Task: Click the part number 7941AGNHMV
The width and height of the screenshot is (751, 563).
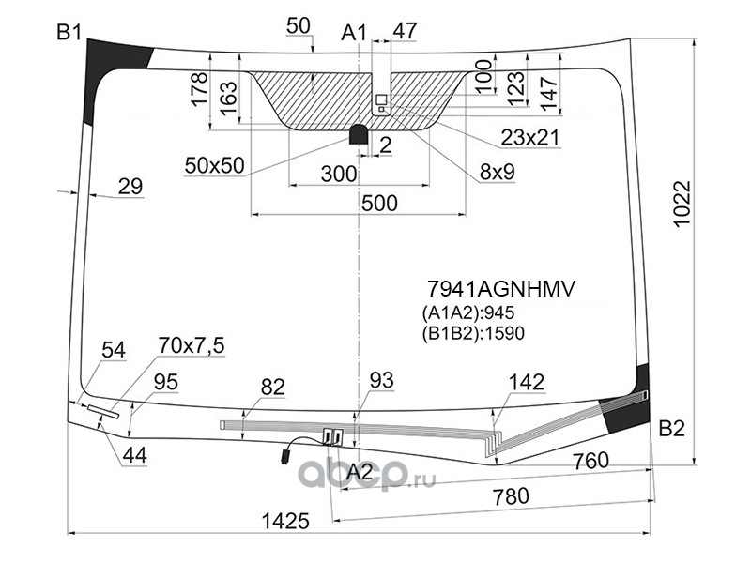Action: [500, 289]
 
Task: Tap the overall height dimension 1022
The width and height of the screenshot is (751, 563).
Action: [682, 204]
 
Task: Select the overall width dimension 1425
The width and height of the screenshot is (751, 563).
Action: [286, 521]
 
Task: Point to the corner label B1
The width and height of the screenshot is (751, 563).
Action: [69, 33]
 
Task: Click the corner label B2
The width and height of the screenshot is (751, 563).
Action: [672, 429]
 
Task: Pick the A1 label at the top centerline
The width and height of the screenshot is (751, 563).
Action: [354, 33]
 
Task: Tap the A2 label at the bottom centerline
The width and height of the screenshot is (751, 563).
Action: [360, 473]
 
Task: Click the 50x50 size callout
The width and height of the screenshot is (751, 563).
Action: [215, 165]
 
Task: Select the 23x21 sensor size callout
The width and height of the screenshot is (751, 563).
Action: [530, 138]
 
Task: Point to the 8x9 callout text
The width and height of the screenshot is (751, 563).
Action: [498, 172]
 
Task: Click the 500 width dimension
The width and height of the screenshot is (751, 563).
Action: [379, 203]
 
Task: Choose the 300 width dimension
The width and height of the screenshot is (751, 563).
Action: [339, 175]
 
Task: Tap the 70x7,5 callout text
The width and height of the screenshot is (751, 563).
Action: [192, 345]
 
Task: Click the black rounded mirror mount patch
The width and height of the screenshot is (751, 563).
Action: [360, 133]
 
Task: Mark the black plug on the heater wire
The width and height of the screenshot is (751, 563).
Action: [286, 455]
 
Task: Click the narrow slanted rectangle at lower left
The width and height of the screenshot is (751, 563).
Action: [103, 412]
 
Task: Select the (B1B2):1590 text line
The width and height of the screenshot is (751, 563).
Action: [473, 333]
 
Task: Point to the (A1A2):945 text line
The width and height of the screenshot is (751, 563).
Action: [467, 313]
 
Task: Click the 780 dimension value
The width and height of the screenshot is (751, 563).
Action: [511, 496]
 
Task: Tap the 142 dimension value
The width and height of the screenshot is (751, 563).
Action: [527, 382]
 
